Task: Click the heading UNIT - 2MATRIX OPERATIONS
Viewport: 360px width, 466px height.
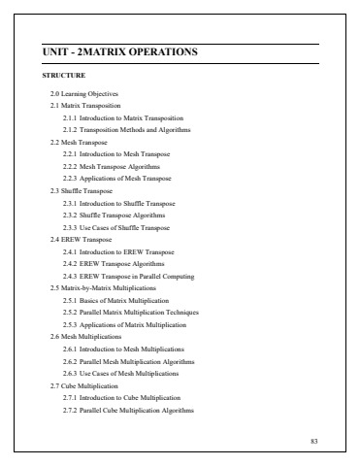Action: pos(120,50)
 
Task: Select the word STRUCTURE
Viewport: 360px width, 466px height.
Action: pos(64,75)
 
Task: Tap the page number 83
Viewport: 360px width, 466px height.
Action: pos(312,442)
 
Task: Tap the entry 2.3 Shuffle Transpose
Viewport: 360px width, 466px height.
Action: pos(82,190)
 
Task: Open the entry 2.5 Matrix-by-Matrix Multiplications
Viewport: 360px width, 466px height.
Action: pos(101,288)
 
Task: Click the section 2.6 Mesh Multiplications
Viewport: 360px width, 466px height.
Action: pos(87,337)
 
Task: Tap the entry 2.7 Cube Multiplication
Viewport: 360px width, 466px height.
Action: pos(85,385)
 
